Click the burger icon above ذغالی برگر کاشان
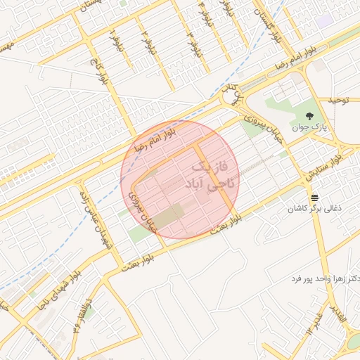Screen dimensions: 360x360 pyautogui.click(x=314, y=198)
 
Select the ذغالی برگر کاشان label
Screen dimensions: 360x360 pyautogui.click(x=314, y=210)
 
